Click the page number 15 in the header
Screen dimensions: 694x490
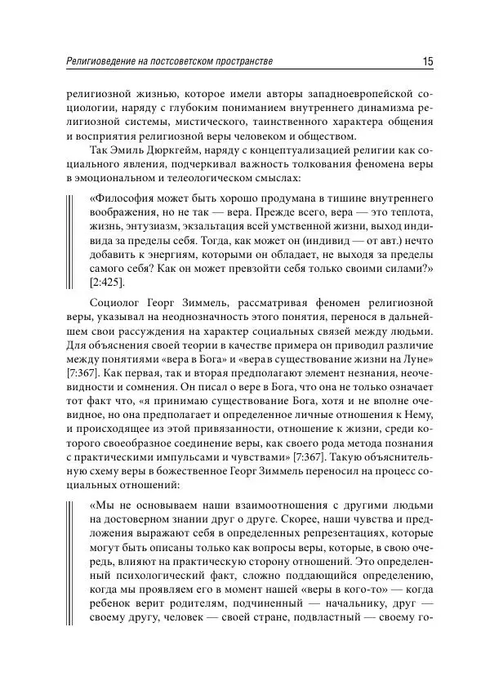[427, 62]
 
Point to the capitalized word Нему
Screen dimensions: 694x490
[411, 405]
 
